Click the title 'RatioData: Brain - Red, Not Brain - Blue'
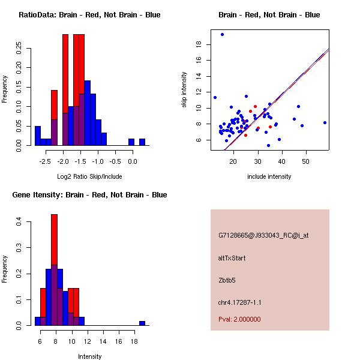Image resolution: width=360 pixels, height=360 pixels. pos(89,15)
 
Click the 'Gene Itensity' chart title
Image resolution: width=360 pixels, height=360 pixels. pos(89,195)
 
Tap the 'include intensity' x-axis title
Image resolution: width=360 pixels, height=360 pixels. pos(269,176)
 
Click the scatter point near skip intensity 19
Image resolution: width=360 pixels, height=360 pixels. pos(222,34)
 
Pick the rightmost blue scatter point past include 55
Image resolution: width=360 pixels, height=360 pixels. pos(325,122)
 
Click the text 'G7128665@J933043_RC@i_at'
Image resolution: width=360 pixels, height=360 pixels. pos(263,236)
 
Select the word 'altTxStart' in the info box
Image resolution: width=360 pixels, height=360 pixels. pos(232,258)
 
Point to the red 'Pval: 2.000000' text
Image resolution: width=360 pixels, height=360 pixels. pos(239,319)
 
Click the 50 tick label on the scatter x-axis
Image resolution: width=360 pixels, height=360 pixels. pos(305,161)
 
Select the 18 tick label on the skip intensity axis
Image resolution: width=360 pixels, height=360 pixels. pos(198,44)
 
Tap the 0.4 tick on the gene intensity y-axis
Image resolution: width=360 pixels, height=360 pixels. pos(18,222)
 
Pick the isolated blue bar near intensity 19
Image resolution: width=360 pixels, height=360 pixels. pos(142,323)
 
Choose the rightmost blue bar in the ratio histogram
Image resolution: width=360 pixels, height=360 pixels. pos(142,142)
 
